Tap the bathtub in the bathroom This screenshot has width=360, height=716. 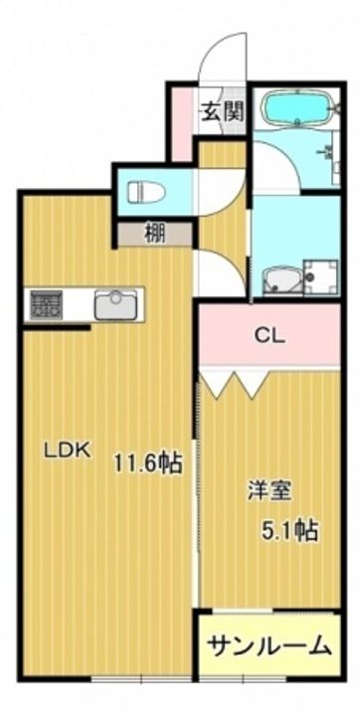(x=296, y=107)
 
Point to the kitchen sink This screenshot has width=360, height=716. (x=116, y=304)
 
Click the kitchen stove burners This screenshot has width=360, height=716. (x=45, y=304)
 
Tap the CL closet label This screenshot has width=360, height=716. (x=270, y=336)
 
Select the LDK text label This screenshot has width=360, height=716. (x=68, y=450)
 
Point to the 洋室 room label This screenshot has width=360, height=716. (x=270, y=491)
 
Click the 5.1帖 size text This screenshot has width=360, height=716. (x=289, y=530)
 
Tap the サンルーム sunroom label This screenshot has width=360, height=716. (x=270, y=645)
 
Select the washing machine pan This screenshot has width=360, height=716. (x=320, y=276)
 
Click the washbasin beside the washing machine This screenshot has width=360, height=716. (x=281, y=280)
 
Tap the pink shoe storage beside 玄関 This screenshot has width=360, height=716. (x=182, y=123)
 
